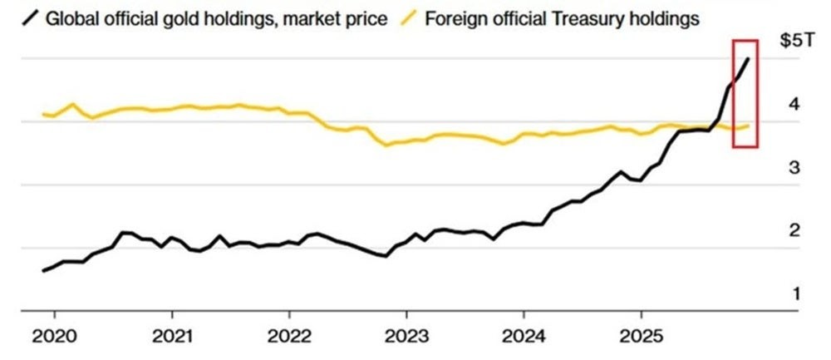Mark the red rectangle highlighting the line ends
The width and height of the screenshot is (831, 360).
pyautogui.click(x=745, y=93)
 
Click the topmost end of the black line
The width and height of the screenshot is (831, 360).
pyautogui.click(x=749, y=58)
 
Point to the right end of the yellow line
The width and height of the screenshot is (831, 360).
pyautogui.click(x=750, y=126)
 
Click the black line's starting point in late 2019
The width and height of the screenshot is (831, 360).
pyautogui.click(x=43, y=270)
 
